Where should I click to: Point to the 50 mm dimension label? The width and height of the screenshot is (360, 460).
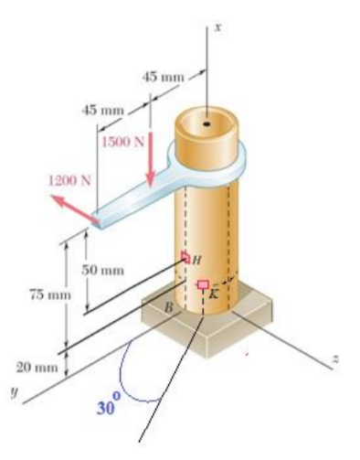[103, 270]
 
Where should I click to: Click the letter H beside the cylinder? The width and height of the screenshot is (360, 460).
[196, 261]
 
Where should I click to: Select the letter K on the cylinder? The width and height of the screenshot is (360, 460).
[213, 294]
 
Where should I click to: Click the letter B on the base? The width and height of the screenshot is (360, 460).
[167, 310]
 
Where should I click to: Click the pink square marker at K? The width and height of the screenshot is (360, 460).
[203, 283]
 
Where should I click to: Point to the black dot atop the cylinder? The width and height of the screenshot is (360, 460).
[207, 122]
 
